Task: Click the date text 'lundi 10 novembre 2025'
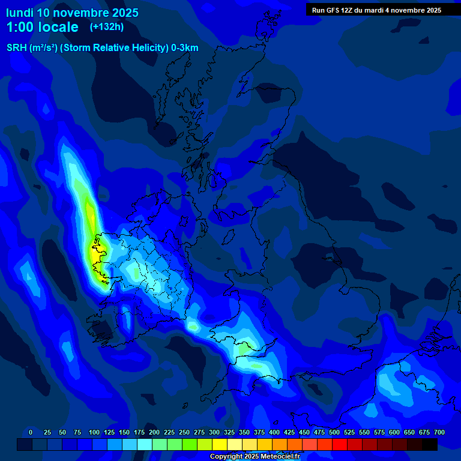click(x=72, y=13)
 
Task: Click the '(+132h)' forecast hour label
click(x=107, y=26)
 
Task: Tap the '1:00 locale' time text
click(x=42, y=27)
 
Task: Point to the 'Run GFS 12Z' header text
click(x=333, y=10)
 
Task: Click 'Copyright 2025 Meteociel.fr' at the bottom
click(x=255, y=457)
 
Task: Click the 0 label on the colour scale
click(x=31, y=432)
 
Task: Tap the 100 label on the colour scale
click(x=94, y=432)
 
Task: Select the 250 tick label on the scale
click(x=184, y=432)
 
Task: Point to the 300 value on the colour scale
click(x=214, y=432)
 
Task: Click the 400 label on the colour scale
click(x=274, y=432)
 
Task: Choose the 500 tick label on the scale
click(x=334, y=432)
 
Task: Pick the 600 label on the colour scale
click(x=394, y=432)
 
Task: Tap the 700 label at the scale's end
click(x=439, y=432)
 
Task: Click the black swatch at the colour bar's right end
click(x=430, y=445)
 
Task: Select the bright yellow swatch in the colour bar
click(x=220, y=445)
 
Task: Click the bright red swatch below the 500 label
click(x=340, y=445)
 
